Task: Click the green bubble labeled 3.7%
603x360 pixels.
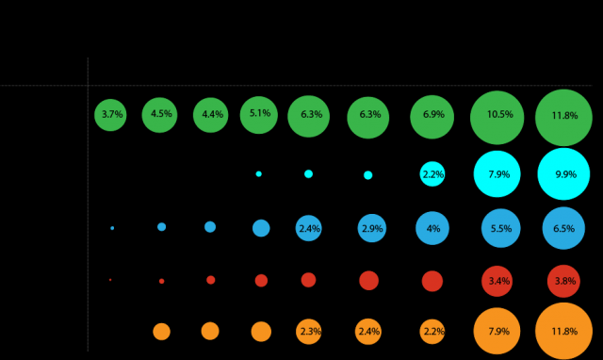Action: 110,115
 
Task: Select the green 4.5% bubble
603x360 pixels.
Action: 160,115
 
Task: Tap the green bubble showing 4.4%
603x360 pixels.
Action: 210,115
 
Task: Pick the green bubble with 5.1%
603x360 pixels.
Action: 259,114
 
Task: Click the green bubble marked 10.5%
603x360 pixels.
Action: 497,116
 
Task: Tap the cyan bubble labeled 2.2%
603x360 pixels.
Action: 432,174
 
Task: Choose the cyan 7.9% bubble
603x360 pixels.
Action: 497,173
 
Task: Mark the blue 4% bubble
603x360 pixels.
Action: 432,228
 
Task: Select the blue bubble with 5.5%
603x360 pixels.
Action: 500,228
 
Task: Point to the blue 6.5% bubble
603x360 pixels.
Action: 563,228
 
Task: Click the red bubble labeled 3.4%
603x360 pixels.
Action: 497,281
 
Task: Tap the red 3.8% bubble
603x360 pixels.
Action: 563,281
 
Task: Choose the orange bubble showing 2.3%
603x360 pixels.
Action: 309,332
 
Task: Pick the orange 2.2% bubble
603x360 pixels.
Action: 432,332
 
